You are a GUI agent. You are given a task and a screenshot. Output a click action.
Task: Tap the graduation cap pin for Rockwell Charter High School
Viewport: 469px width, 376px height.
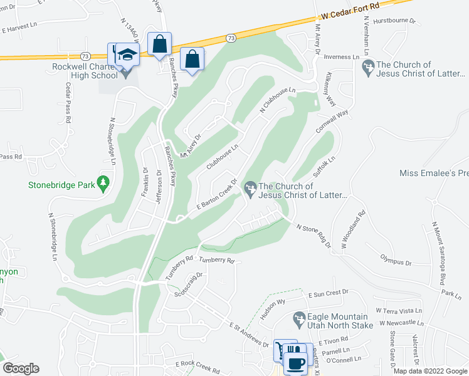pos(127,55)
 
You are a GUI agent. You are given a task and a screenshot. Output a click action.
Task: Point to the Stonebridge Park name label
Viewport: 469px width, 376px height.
pos(61,185)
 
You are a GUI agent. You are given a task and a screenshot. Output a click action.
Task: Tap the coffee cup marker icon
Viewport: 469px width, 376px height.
pos(295,362)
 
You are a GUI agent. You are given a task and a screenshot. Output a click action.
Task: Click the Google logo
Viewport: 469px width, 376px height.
pos(20,368)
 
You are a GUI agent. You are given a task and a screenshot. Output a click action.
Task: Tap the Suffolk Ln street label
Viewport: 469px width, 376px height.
pos(325,167)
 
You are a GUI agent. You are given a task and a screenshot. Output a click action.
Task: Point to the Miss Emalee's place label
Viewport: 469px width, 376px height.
pos(434,173)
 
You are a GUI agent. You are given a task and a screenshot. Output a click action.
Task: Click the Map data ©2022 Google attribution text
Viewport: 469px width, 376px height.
pos(429,371)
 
